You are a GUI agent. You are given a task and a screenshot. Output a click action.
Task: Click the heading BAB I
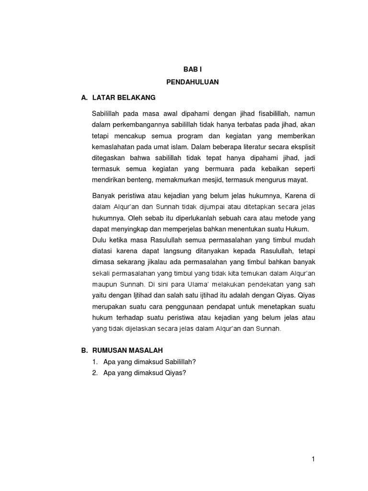pyautogui.click(x=192, y=70)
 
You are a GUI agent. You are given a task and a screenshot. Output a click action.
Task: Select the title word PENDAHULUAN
pyautogui.click(x=192, y=82)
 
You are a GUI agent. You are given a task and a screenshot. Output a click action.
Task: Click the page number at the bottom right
pyautogui.click(x=313, y=459)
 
